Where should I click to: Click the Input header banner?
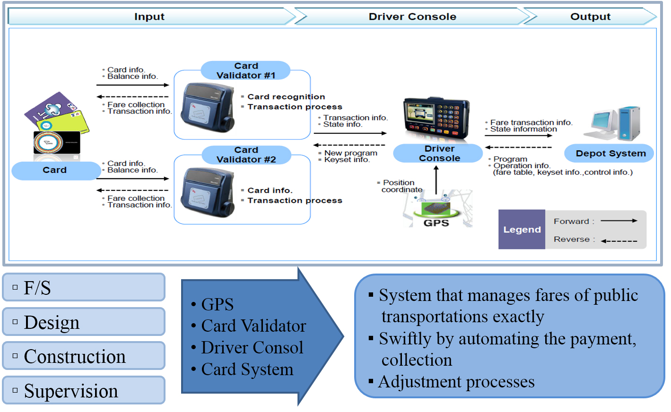point(149,17)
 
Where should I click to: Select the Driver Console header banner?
point(412,17)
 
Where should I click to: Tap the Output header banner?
point(590,17)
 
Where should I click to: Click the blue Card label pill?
point(55,170)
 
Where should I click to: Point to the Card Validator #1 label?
point(246,70)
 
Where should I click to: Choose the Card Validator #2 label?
point(246,155)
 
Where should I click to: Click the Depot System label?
point(610,154)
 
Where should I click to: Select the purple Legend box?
point(522,230)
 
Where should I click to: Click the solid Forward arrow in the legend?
point(619,221)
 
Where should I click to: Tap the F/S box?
point(84,287)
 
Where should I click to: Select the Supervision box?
point(84,390)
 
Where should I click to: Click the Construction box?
point(84,356)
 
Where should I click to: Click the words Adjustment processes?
point(456,382)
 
